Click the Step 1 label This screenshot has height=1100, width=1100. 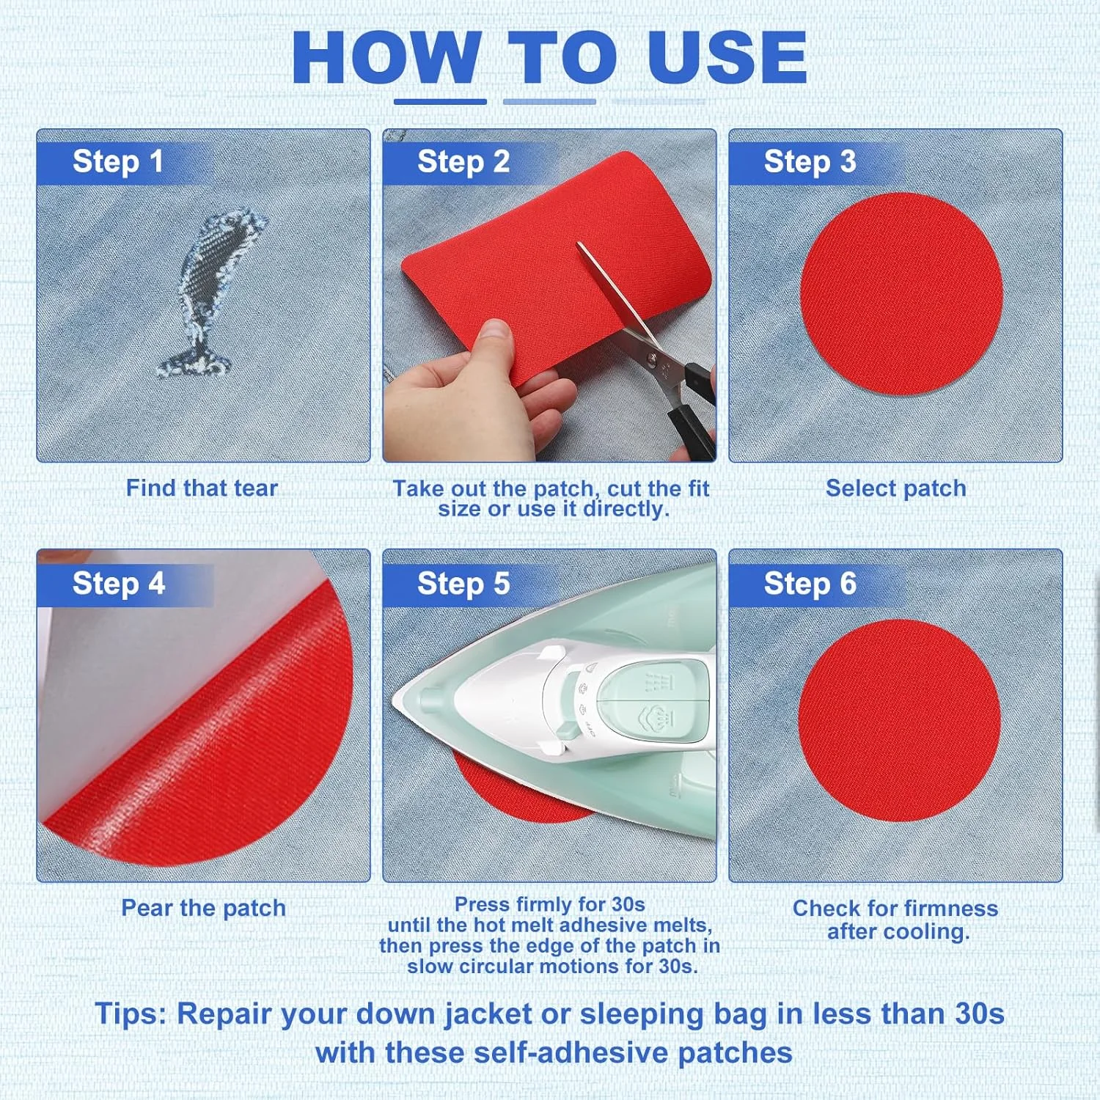pos(117,162)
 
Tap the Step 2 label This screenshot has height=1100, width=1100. pos(463,162)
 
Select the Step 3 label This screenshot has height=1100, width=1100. pos(810,162)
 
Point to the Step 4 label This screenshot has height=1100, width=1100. pos(118,584)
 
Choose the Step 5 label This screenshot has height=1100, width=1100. pos(463,584)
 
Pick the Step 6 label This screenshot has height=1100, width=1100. pos(810,584)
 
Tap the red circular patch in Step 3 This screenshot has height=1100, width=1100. pos(901,293)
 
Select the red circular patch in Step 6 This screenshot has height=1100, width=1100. pos(900,720)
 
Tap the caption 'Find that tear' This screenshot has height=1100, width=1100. pos(202,488)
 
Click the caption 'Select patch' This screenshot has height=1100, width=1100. pos(895,488)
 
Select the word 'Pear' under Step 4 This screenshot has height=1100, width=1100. pos(147,908)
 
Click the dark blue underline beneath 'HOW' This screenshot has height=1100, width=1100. pos(440,102)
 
